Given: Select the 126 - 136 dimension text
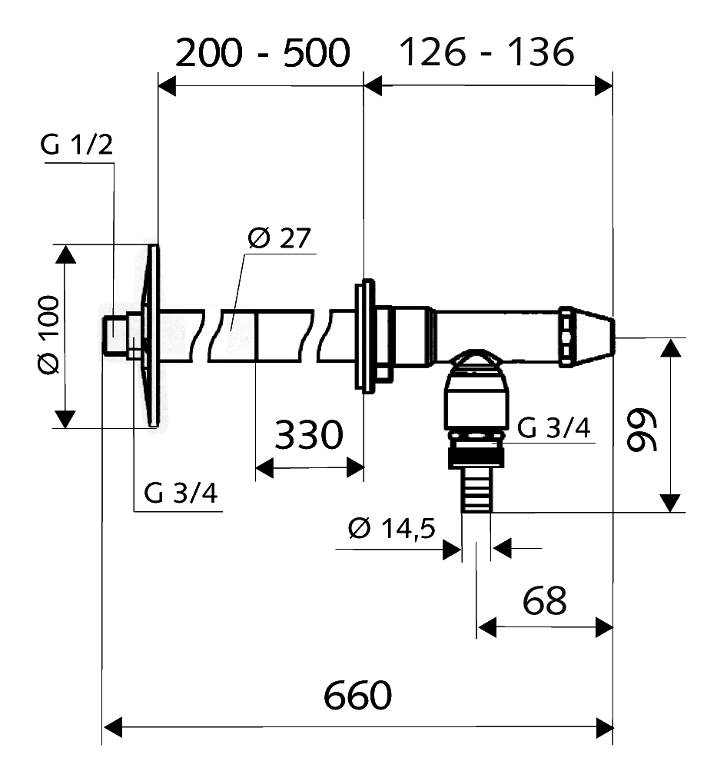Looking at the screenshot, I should (x=486, y=53).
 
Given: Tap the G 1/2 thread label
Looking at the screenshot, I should (x=77, y=146).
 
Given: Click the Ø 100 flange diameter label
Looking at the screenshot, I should (x=48, y=335).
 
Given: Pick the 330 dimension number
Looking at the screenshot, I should (x=308, y=436).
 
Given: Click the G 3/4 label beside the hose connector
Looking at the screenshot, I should (x=553, y=428).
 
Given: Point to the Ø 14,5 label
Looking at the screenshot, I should (x=391, y=530).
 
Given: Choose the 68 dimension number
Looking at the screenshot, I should (x=544, y=600).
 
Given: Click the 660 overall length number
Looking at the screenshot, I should (x=357, y=697).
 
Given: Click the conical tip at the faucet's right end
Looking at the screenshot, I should (x=595, y=336).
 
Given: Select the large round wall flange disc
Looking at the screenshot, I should (x=151, y=336).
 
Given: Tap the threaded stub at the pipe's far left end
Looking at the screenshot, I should (x=115, y=336).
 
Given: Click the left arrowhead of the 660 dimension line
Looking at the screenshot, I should (x=112, y=726).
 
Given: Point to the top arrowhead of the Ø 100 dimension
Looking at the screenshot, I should (x=65, y=254).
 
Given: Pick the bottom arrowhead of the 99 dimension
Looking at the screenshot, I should (x=672, y=503).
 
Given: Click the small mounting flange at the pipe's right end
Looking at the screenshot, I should (x=364, y=336).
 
